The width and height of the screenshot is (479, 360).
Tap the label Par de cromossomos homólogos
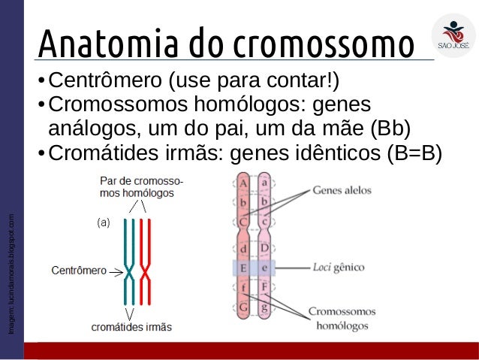143,187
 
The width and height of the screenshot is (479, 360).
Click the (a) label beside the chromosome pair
104,222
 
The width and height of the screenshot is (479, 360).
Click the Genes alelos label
342,190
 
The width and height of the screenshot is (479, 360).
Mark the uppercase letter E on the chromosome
243,267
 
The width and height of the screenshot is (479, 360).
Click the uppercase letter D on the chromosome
264,247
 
